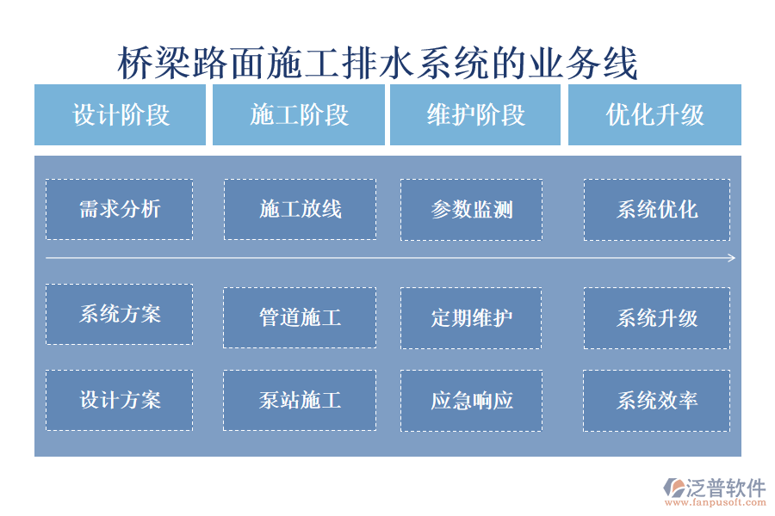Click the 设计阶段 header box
(121, 115)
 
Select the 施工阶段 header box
(299, 115)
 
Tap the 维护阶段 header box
(475, 115)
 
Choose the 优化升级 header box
(654, 115)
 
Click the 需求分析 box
(119, 209)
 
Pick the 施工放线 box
(300, 209)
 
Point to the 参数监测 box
(471, 209)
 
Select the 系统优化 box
(656, 209)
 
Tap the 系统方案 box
(119, 314)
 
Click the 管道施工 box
(300, 317)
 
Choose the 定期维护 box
(471, 317)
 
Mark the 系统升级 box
(656, 317)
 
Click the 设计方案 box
(119, 400)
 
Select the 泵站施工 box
(300, 400)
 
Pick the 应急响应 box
(471, 400)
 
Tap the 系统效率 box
(656, 400)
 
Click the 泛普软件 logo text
(725, 488)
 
